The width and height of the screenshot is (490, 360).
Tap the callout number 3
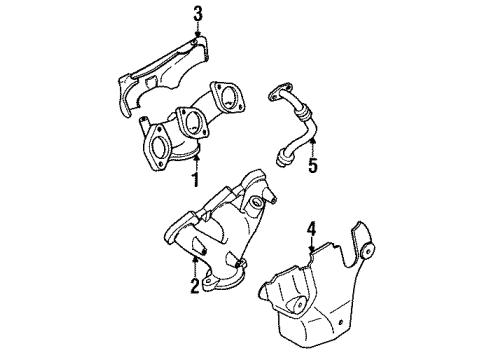tap(198, 13)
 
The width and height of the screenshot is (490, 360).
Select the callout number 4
tap(311, 230)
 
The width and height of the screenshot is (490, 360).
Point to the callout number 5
tap(312, 166)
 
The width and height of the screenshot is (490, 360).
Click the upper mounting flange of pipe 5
tap(272, 95)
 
